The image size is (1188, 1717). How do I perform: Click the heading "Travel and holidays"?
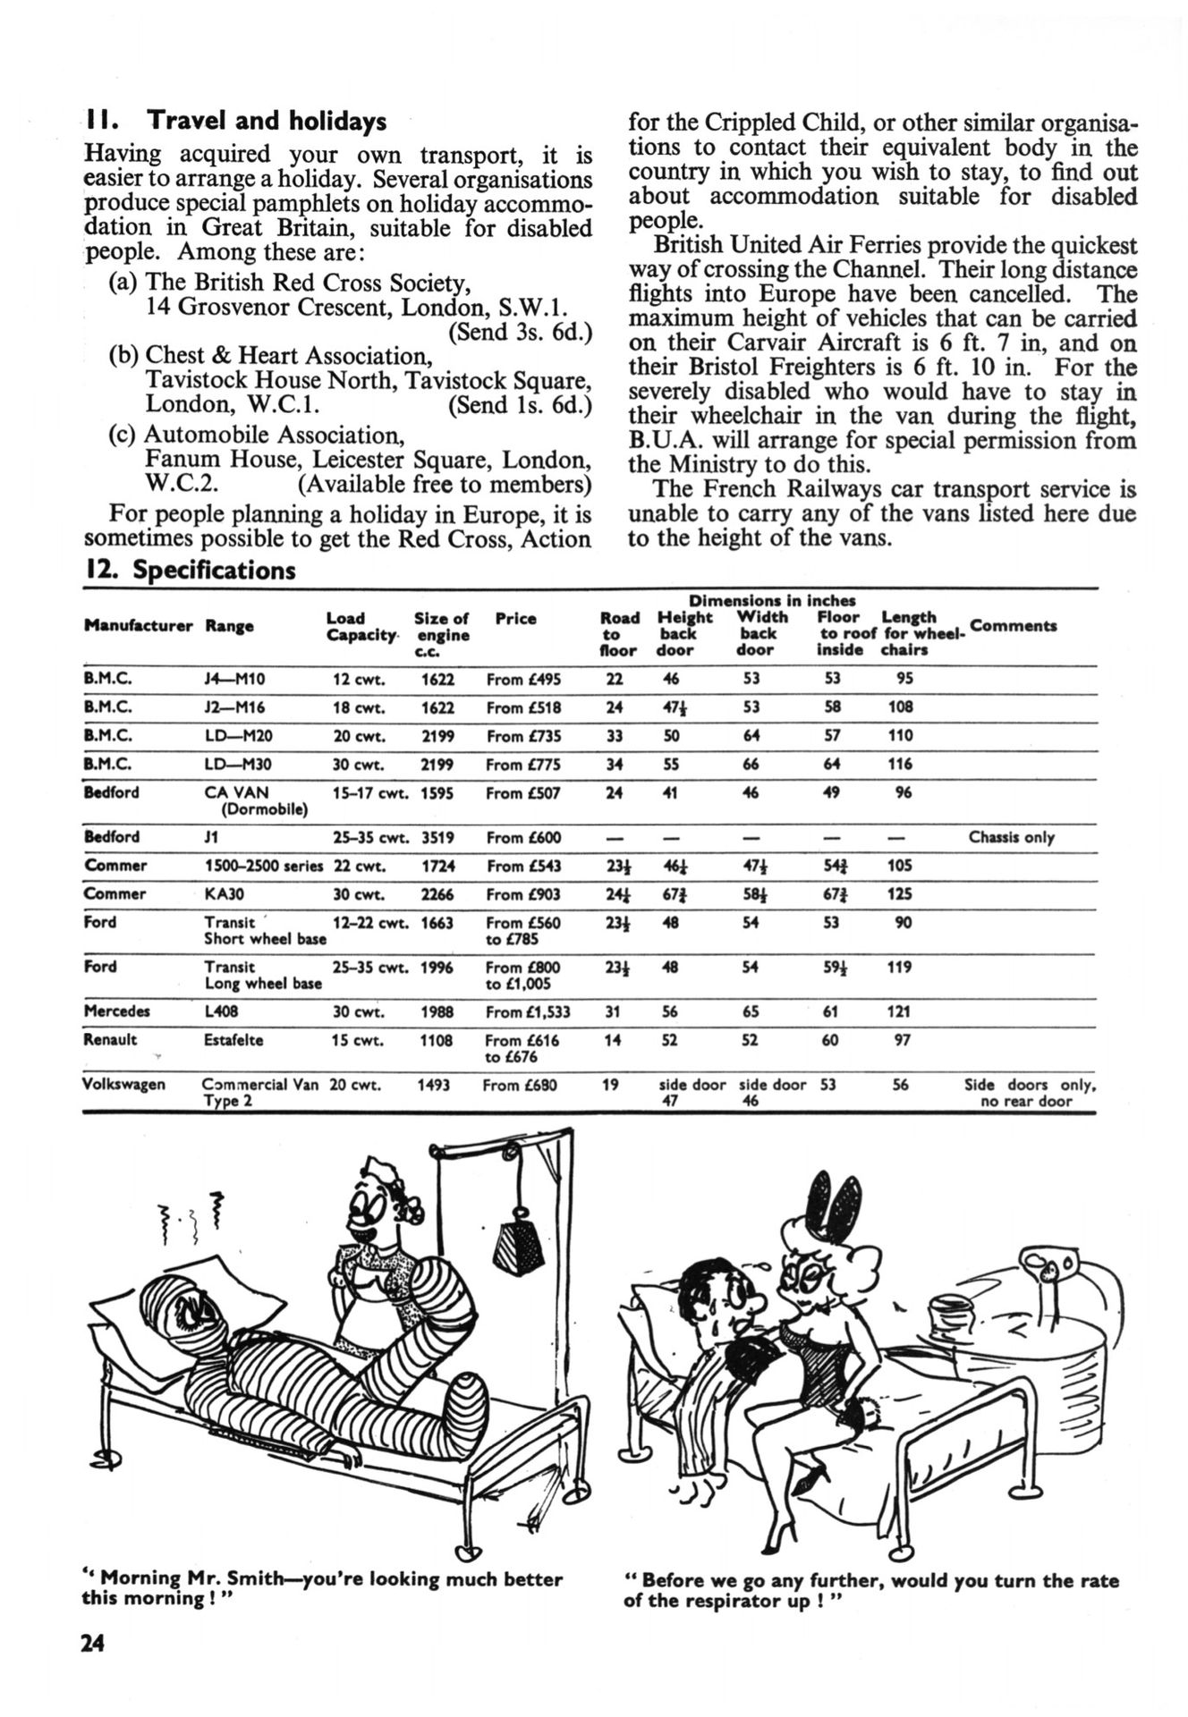click(266, 121)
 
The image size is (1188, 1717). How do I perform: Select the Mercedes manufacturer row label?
click(115, 1011)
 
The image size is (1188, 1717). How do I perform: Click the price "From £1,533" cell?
click(529, 1012)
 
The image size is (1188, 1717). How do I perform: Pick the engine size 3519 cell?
click(437, 838)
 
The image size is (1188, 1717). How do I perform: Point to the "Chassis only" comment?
click(1011, 838)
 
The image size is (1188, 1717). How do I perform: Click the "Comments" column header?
click(1013, 626)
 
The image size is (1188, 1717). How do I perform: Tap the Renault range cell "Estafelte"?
click(233, 1040)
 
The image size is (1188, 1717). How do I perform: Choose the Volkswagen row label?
click(123, 1085)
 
